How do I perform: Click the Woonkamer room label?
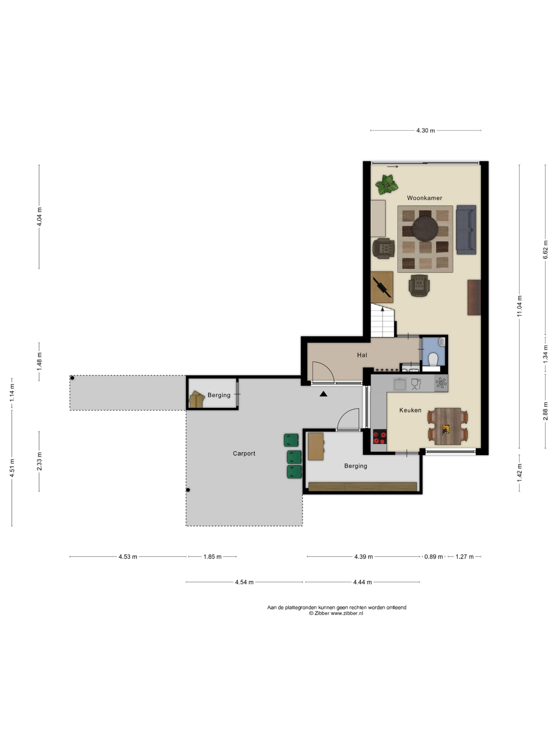coord(424,198)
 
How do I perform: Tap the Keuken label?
coord(410,410)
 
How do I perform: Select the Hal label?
coord(362,355)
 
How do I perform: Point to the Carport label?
coord(244,453)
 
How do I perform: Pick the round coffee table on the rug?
coord(425,229)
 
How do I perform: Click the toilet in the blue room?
coord(433,359)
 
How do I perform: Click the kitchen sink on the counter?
coord(399,384)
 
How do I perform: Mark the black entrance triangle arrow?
coord(323,394)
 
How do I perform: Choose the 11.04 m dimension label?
coord(519,306)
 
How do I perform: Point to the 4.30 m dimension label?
coord(425,131)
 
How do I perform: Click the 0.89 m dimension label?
coord(433,557)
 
